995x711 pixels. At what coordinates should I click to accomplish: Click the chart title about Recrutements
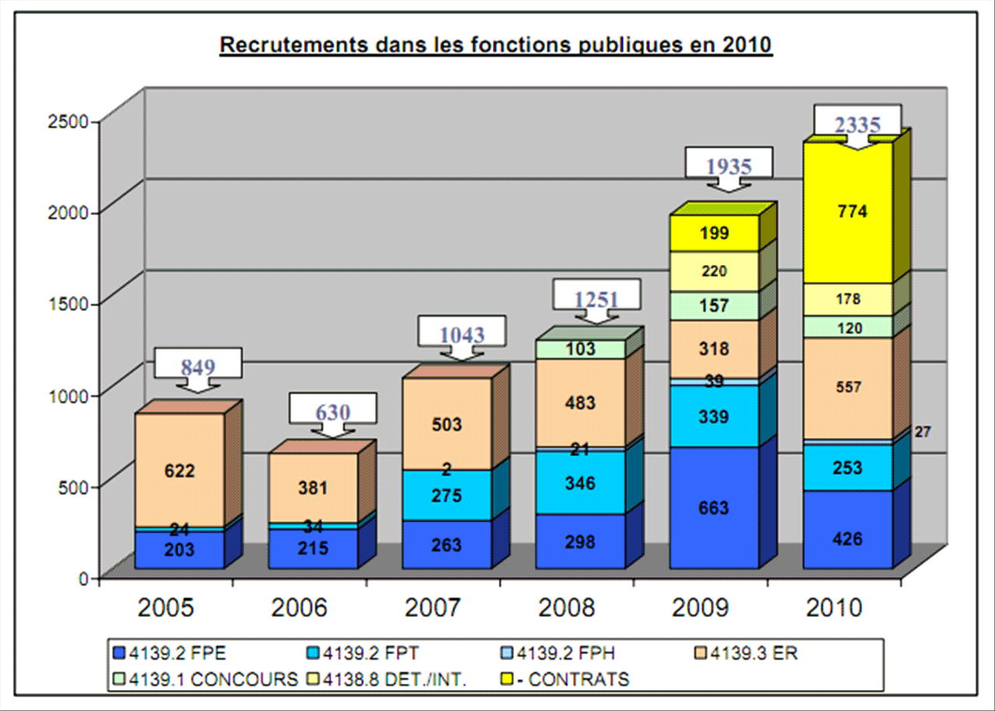[496, 45]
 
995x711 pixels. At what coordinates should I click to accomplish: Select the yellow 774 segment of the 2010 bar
[847, 211]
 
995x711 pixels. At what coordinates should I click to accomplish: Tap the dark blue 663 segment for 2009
[714, 508]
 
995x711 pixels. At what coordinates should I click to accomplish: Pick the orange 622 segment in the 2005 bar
[179, 470]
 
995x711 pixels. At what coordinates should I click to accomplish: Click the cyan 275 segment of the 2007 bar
[447, 496]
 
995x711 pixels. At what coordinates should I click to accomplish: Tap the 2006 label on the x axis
[300, 608]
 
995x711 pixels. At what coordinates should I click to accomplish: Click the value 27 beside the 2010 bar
[923, 432]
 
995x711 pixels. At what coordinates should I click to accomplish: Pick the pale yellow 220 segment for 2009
[714, 271]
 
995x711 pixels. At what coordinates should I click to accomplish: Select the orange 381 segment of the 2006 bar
[313, 488]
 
